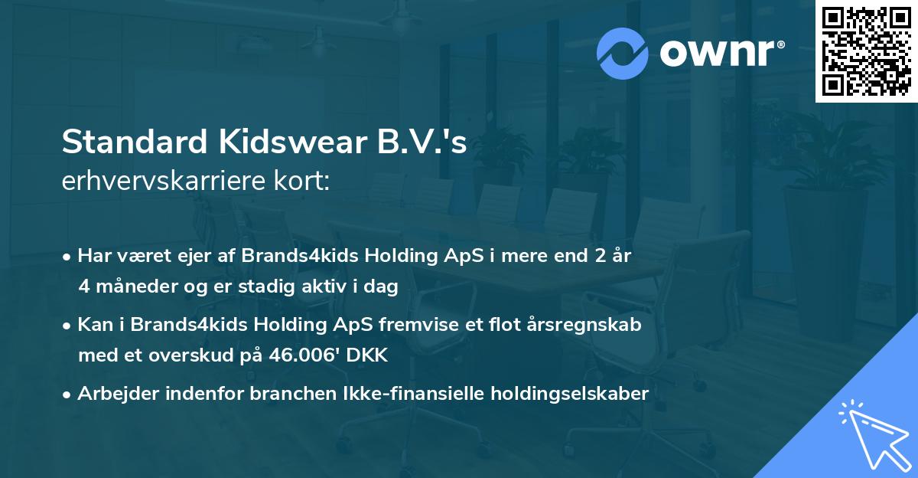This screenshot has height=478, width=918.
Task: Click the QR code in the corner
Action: tap(866, 51)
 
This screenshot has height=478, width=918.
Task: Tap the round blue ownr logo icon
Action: tap(623, 53)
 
